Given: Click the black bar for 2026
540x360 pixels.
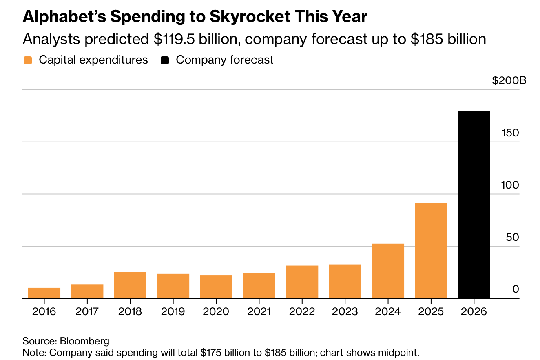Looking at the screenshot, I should coord(474,204).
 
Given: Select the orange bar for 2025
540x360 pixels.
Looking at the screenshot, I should coord(431,251).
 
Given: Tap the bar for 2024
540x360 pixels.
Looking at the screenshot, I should coord(388,271).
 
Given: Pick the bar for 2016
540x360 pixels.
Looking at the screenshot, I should coord(44,293).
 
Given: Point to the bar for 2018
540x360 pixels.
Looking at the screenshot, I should coord(130,285).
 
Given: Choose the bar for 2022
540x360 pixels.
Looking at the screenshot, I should coord(302,282).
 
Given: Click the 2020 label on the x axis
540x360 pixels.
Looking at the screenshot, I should coord(216,311).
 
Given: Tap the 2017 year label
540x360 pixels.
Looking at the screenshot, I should coord(87,311).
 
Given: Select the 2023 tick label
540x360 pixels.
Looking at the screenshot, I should coord(345,311).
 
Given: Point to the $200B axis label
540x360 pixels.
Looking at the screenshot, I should coord(509,80).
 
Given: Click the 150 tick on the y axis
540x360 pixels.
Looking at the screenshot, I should coord(510,133).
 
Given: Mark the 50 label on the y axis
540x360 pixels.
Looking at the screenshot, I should coord(512,237).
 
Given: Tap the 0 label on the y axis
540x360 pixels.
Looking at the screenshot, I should coord(516,289).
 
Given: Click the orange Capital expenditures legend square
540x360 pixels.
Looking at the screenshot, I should coord(28,60).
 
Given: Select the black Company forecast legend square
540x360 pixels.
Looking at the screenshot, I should coord(165,60).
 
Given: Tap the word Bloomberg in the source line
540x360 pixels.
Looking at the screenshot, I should coord(84,341).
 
